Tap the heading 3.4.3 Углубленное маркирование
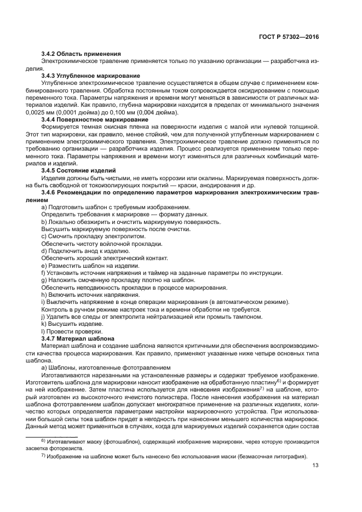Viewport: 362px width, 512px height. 90,75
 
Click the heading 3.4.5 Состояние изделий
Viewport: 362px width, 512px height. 78,170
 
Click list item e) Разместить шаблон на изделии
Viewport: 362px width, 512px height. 90,266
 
